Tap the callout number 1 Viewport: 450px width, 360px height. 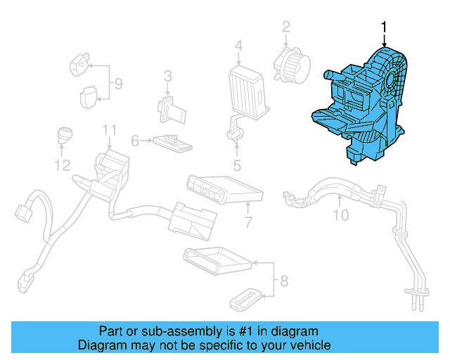[384, 27]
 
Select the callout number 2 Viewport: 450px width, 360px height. [286, 27]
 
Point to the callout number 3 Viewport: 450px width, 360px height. [168, 76]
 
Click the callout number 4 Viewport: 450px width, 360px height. [239, 46]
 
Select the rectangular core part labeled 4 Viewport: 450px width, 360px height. [246, 89]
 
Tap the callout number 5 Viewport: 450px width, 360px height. [237, 166]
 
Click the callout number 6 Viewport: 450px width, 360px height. [135, 141]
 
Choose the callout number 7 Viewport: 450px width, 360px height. [248, 224]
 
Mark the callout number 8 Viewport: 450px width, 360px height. [283, 283]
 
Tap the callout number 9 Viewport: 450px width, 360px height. [118, 84]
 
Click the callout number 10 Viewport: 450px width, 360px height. [340, 215]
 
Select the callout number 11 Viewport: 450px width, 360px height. [108, 130]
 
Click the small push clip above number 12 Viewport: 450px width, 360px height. [65, 134]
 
